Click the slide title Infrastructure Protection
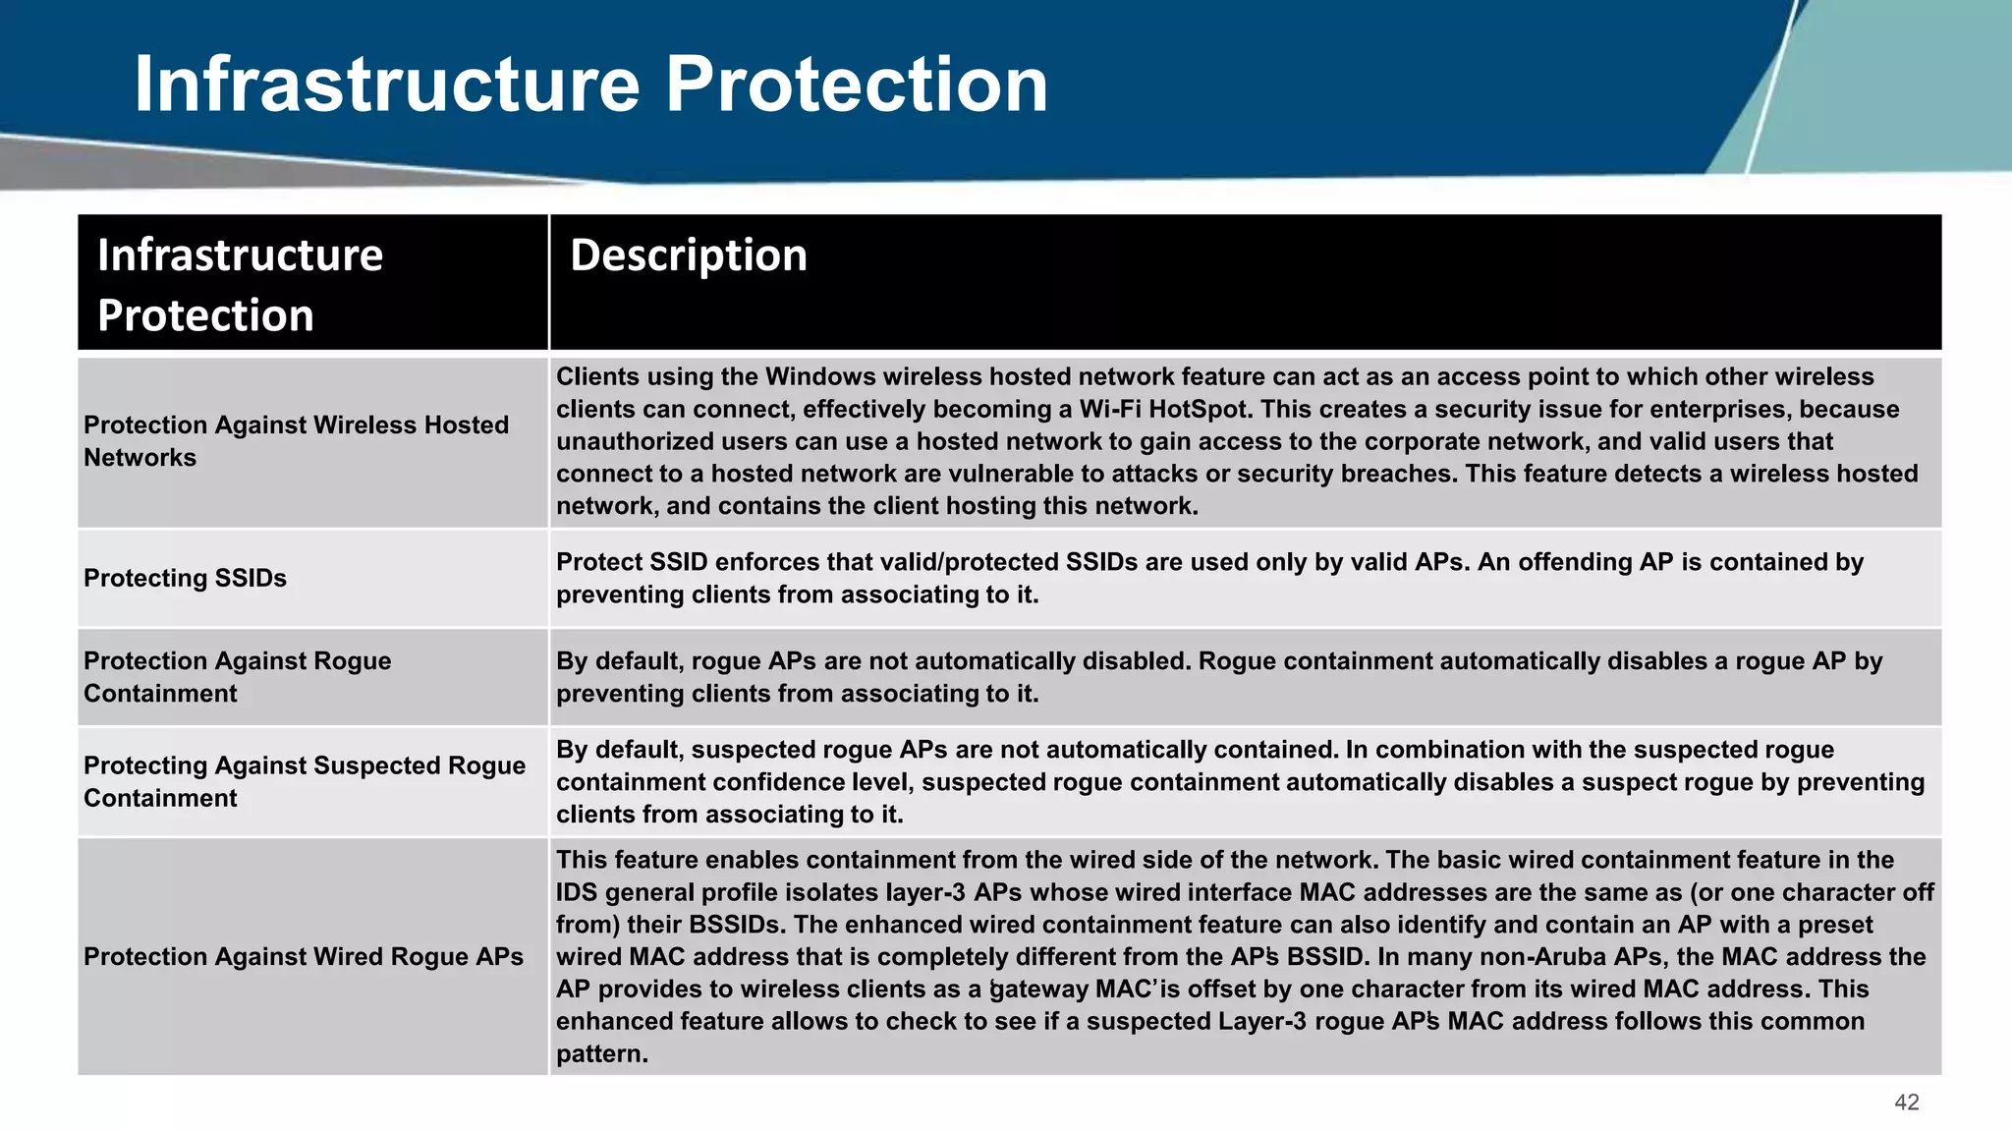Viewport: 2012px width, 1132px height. tap(590, 85)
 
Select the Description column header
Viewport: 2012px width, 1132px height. tap(688, 255)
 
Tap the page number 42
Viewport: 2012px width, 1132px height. tap(1906, 1103)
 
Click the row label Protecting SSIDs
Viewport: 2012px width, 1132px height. tap(185, 578)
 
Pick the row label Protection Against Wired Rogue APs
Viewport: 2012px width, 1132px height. tap(303, 956)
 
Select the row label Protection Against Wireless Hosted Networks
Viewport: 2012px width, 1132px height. tap(295, 441)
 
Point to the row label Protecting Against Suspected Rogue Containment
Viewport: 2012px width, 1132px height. tap(304, 781)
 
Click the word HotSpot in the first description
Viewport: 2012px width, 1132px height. tap(1201, 410)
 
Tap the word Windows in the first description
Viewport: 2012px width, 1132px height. tap(820, 377)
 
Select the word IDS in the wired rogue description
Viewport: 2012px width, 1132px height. tap(577, 892)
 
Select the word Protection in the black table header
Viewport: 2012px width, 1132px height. tap(205, 316)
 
